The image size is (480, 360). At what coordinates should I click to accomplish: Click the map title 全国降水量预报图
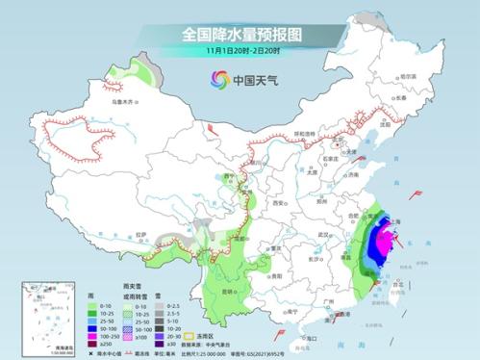pos(240,35)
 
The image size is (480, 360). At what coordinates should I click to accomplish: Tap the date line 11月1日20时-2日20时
pos(240,51)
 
